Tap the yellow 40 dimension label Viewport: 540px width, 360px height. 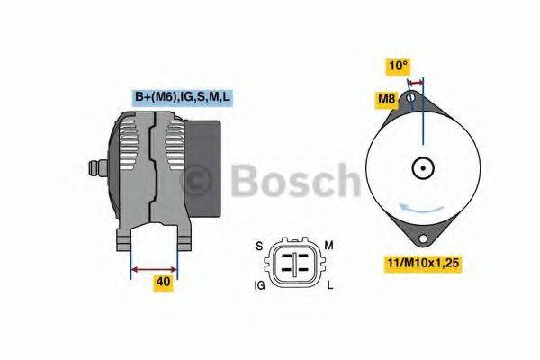tap(163, 282)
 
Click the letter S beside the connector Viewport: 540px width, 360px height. tap(259, 245)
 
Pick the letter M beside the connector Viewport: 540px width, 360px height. tap(329, 245)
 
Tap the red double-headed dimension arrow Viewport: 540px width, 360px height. tap(154, 267)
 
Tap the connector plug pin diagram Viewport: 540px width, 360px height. tap(293, 264)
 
